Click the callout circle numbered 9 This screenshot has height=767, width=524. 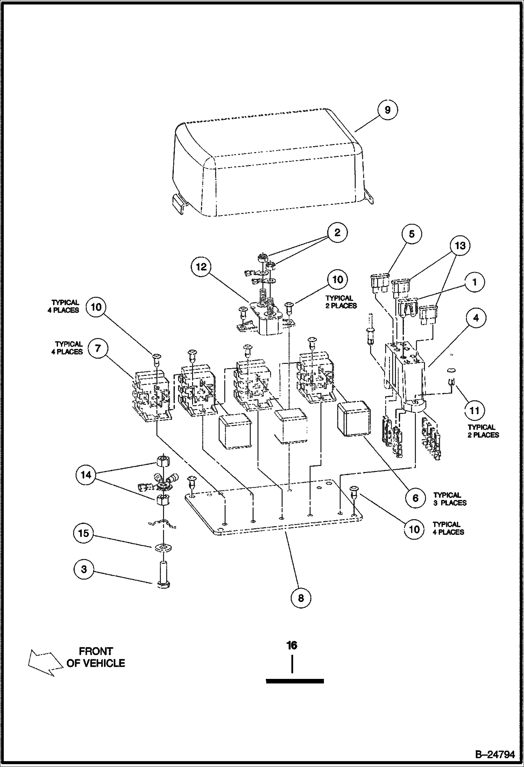387,110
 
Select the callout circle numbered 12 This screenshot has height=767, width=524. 201,267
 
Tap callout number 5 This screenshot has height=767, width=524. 411,234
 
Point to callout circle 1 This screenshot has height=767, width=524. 474,282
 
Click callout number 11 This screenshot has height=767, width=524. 474,410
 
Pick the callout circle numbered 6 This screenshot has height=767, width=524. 415,498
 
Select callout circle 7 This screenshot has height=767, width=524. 98,349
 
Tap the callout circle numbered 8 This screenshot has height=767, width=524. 300,598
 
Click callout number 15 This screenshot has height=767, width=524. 84,533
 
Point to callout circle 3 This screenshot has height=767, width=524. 84,569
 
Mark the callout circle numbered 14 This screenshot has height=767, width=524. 86,475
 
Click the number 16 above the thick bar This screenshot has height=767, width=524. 292,645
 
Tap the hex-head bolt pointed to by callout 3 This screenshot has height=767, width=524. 163,574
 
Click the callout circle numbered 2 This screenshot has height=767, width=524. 337,233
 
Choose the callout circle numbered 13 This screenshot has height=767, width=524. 460,245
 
